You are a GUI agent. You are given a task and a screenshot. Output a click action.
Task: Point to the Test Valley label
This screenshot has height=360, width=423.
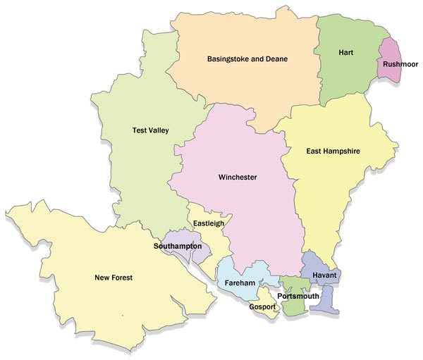pyautogui.click(x=151, y=130)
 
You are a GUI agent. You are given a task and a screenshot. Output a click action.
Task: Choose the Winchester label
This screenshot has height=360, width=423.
pyautogui.click(x=237, y=177)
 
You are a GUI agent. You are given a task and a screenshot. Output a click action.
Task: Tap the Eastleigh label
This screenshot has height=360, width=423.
pyautogui.click(x=209, y=223)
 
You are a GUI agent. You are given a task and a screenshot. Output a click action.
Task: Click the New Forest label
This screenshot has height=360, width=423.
pyautogui.click(x=114, y=278)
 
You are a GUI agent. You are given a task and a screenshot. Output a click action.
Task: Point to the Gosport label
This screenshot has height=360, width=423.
pyautogui.click(x=262, y=306)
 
